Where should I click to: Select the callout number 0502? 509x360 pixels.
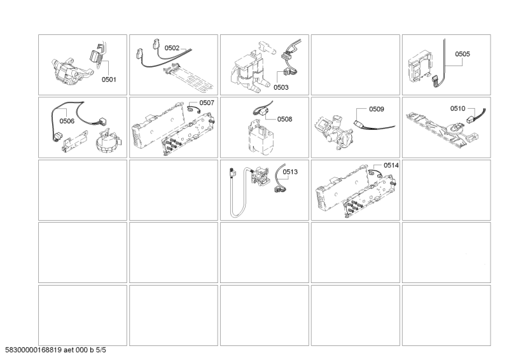click(x=172, y=48)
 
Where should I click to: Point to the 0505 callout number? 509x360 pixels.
click(x=462, y=54)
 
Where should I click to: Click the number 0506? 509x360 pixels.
click(x=67, y=120)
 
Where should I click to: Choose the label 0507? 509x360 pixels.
click(x=207, y=102)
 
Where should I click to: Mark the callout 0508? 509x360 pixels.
click(x=284, y=118)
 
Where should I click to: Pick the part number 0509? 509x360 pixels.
click(x=376, y=109)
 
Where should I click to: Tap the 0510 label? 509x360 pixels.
click(x=458, y=108)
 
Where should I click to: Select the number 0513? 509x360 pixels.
click(x=290, y=171)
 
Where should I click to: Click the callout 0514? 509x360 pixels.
click(x=391, y=165)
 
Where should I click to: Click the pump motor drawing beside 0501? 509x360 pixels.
click(x=67, y=67)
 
